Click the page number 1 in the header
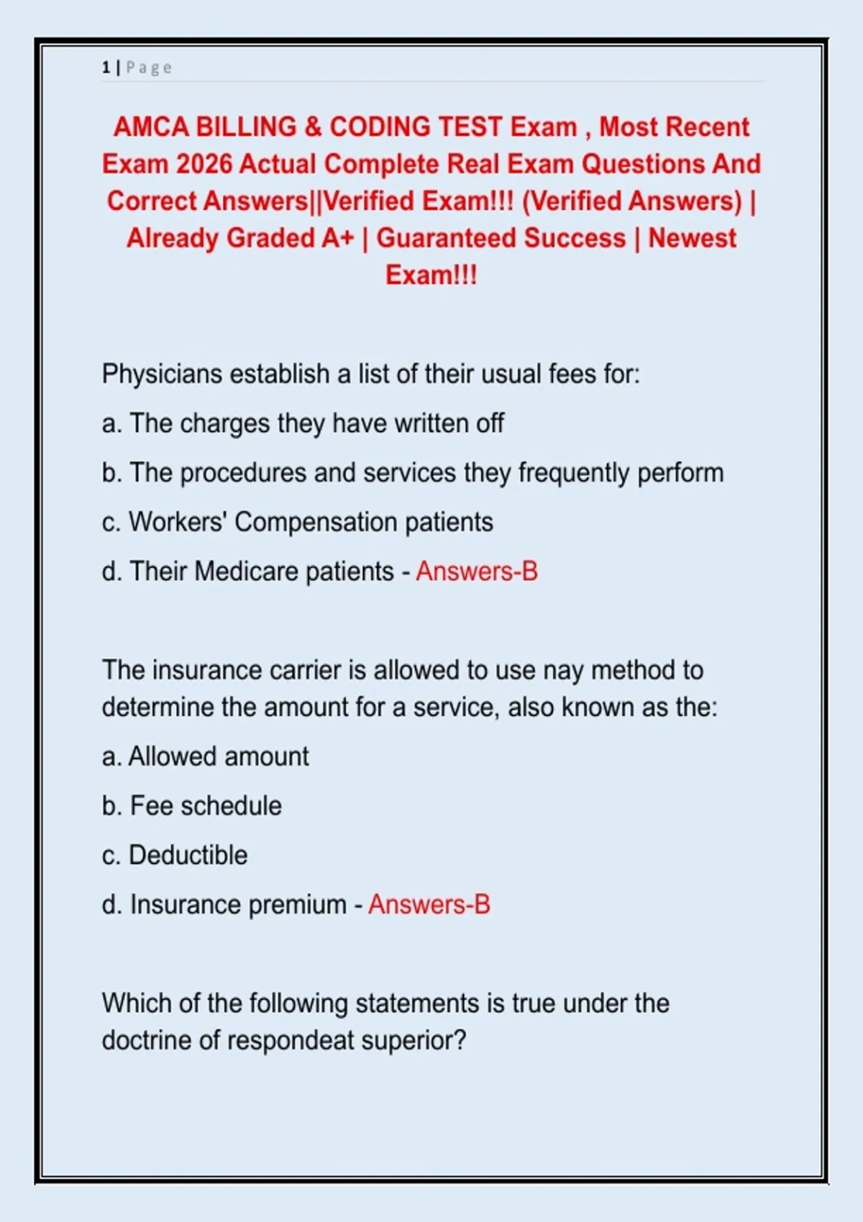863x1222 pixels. (106, 68)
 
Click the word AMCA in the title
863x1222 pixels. (151, 127)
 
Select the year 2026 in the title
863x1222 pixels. (204, 164)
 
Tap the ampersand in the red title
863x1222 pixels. (313, 127)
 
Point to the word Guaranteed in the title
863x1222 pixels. (501, 238)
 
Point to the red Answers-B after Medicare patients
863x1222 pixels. (476, 571)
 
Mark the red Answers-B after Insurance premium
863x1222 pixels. (429, 904)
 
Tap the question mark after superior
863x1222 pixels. (460, 1040)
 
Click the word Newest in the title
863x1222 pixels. (692, 238)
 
